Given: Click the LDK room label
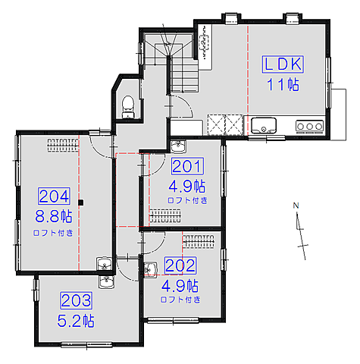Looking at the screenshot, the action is (x=283, y=64).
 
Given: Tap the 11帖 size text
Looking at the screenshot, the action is (x=283, y=84).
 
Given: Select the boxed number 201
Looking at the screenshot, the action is (x=187, y=166).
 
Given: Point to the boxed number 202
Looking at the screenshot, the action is (x=180, y=265).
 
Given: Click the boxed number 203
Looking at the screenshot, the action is (x=76, y=300).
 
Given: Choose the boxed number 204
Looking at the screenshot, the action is (x=54, y=196).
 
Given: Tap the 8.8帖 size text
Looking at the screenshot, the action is (x=54, y=216).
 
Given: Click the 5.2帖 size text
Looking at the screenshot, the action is (x=76, y=321).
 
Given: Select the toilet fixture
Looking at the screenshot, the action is (x=128, y=107).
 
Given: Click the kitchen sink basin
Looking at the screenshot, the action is (x=264, y=126).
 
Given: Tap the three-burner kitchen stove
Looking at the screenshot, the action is (x=309, y=126).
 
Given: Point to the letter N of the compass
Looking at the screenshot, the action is (x=296, y=206).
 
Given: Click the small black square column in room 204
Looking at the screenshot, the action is (x=81, y=202).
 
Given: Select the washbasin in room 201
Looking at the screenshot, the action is (x=178, y=146).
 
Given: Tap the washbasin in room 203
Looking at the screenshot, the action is (x=106, y=281).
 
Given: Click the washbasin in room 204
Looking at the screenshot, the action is (x=105, y=264).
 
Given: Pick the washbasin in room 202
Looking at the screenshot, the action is (x=151, y=269).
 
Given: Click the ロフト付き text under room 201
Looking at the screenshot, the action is (x=187, y=200).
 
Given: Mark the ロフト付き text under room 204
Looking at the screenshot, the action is (x=53, y=233).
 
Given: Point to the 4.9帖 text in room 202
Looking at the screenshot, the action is (x=180, y=286).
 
